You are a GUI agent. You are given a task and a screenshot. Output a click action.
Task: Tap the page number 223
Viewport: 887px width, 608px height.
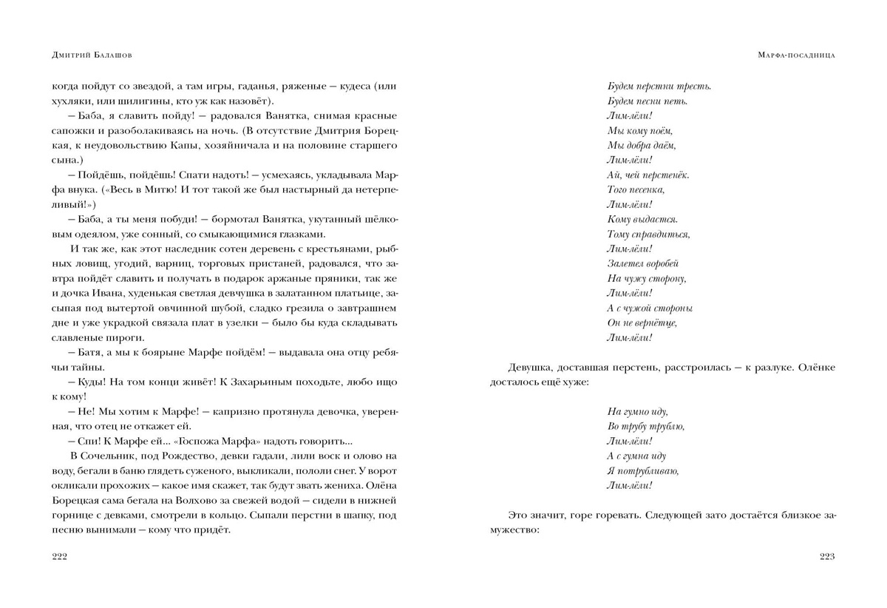coord(827,557)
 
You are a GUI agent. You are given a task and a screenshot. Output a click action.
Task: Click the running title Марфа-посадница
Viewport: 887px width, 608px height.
coord(797,55)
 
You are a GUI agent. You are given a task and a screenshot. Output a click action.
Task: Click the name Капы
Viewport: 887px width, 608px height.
coord(188,145)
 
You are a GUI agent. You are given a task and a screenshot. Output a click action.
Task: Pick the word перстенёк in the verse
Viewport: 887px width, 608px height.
coord(663,175)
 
